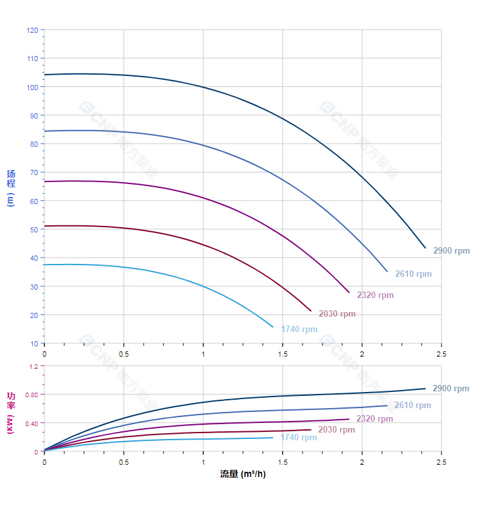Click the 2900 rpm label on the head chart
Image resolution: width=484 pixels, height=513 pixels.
(451, 251)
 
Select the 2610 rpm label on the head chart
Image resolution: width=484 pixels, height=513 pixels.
(413, 274)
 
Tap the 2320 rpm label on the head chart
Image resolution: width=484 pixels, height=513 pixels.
(375, 295)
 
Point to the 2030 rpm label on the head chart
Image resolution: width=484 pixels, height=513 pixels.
(337, 314)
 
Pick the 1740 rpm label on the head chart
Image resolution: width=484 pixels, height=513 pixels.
(299, 330)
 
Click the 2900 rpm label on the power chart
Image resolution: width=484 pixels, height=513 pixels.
(451, 389)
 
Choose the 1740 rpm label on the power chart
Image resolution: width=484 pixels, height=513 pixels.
(299, 438)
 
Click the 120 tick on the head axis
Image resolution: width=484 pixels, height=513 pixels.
(32, 30)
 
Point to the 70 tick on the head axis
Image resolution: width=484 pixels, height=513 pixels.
(34, 173)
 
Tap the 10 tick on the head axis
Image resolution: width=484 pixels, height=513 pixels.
(34, 344)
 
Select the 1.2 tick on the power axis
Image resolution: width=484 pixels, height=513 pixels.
(33, 366)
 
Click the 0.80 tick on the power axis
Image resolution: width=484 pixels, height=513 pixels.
(32, 395)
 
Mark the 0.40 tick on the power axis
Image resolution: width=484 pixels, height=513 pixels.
(32, 423)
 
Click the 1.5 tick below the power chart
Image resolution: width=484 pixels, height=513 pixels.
(283, 462)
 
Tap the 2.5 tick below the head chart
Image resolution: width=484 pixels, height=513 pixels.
(442, 354)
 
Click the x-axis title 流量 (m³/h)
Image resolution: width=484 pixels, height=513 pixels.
(243, 474)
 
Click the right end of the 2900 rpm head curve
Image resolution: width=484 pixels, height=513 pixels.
(425, 248)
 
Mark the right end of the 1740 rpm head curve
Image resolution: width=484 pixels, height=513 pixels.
(273, 327)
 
